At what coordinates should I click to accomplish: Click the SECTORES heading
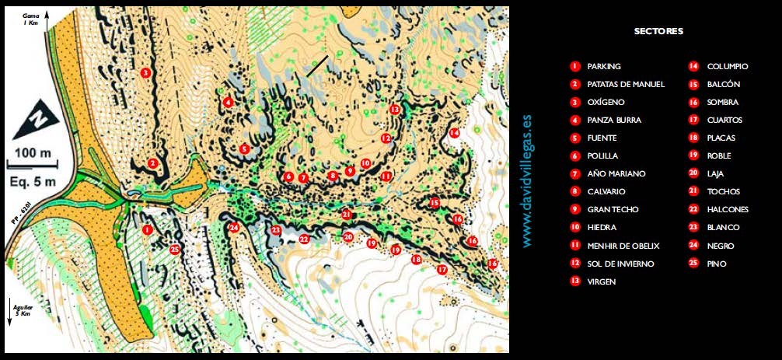pos(658,32)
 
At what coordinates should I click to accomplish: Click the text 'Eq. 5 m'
pos(33,182)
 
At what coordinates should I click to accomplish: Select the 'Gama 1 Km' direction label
pos(32,19)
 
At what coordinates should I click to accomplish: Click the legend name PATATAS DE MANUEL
pos(626,84)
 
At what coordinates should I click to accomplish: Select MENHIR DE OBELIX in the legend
pos(623,246)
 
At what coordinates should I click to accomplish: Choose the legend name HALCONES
pos(728,209)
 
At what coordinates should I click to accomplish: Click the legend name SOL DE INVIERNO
pos(620,264)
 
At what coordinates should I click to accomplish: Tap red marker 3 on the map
pos(145,73)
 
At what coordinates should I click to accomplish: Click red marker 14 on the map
pos(454,133)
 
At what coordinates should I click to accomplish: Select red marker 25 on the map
pos(174,250)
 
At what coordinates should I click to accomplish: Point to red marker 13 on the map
pos(395,110)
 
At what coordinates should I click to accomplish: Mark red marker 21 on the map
pos(346,214)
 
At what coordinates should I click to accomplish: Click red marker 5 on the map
pos(244,149)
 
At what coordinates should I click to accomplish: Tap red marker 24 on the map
pos(233,228)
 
